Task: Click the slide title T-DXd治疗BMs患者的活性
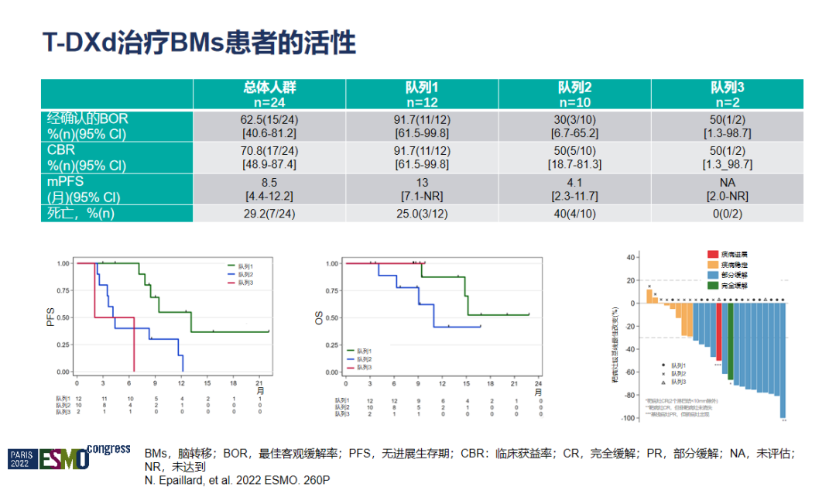(200, 43)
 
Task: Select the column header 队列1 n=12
(421, 94)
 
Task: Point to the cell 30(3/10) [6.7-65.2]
(574, 126)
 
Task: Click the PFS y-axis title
(49, 317)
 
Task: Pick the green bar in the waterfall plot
(730, 341)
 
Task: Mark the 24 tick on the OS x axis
(539, 382)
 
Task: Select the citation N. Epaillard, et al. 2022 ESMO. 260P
(237, 481)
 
